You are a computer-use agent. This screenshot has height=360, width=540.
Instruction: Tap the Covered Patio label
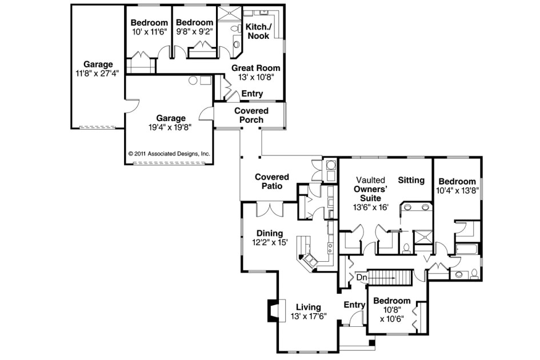[x=272, y=181]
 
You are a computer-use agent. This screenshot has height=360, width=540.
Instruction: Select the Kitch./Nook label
[x=257, y=31]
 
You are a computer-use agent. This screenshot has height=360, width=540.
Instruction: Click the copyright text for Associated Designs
[x=169, y=154]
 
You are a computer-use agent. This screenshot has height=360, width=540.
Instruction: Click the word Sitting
[x=411, y=181]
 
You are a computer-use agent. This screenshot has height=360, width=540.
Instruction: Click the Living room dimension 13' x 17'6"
[x=308, y=317]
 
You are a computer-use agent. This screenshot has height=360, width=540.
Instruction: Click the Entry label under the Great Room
[x=252, y=94]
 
